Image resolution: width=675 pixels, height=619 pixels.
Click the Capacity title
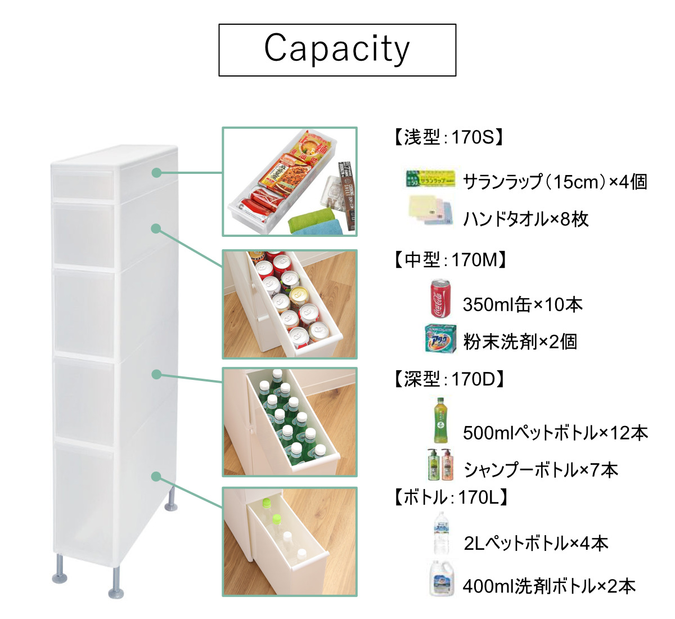[x=337, y=49]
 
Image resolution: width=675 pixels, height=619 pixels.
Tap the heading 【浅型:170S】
[x=447, y=137]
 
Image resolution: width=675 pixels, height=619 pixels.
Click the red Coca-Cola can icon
[x=440, y=299]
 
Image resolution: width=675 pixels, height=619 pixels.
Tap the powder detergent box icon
[x=440, y=339]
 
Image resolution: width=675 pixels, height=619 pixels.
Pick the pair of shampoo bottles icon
[x=440, y=464]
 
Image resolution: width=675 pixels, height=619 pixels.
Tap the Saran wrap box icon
[x=430, y=178]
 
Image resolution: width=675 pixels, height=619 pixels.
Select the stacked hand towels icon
[x=430, y=212]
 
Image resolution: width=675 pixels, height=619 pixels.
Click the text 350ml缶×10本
[x=522, y=304]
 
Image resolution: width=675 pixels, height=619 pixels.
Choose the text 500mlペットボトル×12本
[x=555, y=433]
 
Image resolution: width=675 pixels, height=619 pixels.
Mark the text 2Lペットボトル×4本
[x=535, y=543]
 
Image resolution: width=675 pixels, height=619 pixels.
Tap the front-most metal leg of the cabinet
[x=116, y=582]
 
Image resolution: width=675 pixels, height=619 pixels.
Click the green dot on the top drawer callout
[x=156, y=173]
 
